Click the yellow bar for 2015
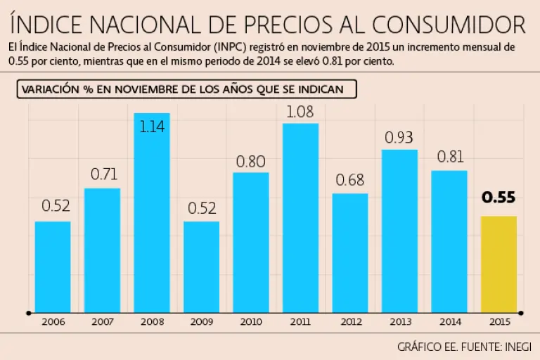coord(499,264)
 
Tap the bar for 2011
coord(300,217)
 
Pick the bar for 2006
coord(53,266)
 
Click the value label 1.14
coord(152,128)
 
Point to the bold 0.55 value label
coord(499,198)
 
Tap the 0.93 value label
coord(399,137)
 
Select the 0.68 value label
coord(350,181)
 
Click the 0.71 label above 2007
coord(103,175)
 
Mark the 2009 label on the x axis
coord(201,322)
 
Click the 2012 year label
coord(350,322)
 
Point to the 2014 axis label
coord(449,322)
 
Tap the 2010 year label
coord(251,322)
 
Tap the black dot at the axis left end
coord(29,312)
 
